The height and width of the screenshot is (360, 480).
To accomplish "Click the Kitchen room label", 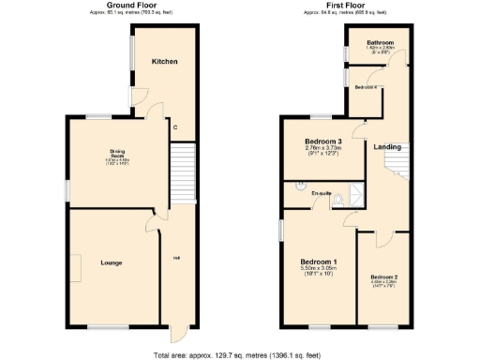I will tap(165, 62).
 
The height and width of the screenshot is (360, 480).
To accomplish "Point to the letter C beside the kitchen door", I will tap(175, 127).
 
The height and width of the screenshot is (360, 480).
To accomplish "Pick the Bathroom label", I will tap(380, 43).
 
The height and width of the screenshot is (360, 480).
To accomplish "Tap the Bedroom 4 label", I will tap(366, 86).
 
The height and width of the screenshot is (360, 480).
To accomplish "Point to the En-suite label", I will tap(322, 194).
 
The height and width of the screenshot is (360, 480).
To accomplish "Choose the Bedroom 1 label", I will tap(319, 261).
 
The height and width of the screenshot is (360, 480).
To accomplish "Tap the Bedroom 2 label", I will tap(384, 277).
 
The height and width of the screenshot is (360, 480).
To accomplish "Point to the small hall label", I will tap(175, 260).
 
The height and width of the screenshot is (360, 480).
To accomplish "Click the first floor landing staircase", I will tap(397, 168).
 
